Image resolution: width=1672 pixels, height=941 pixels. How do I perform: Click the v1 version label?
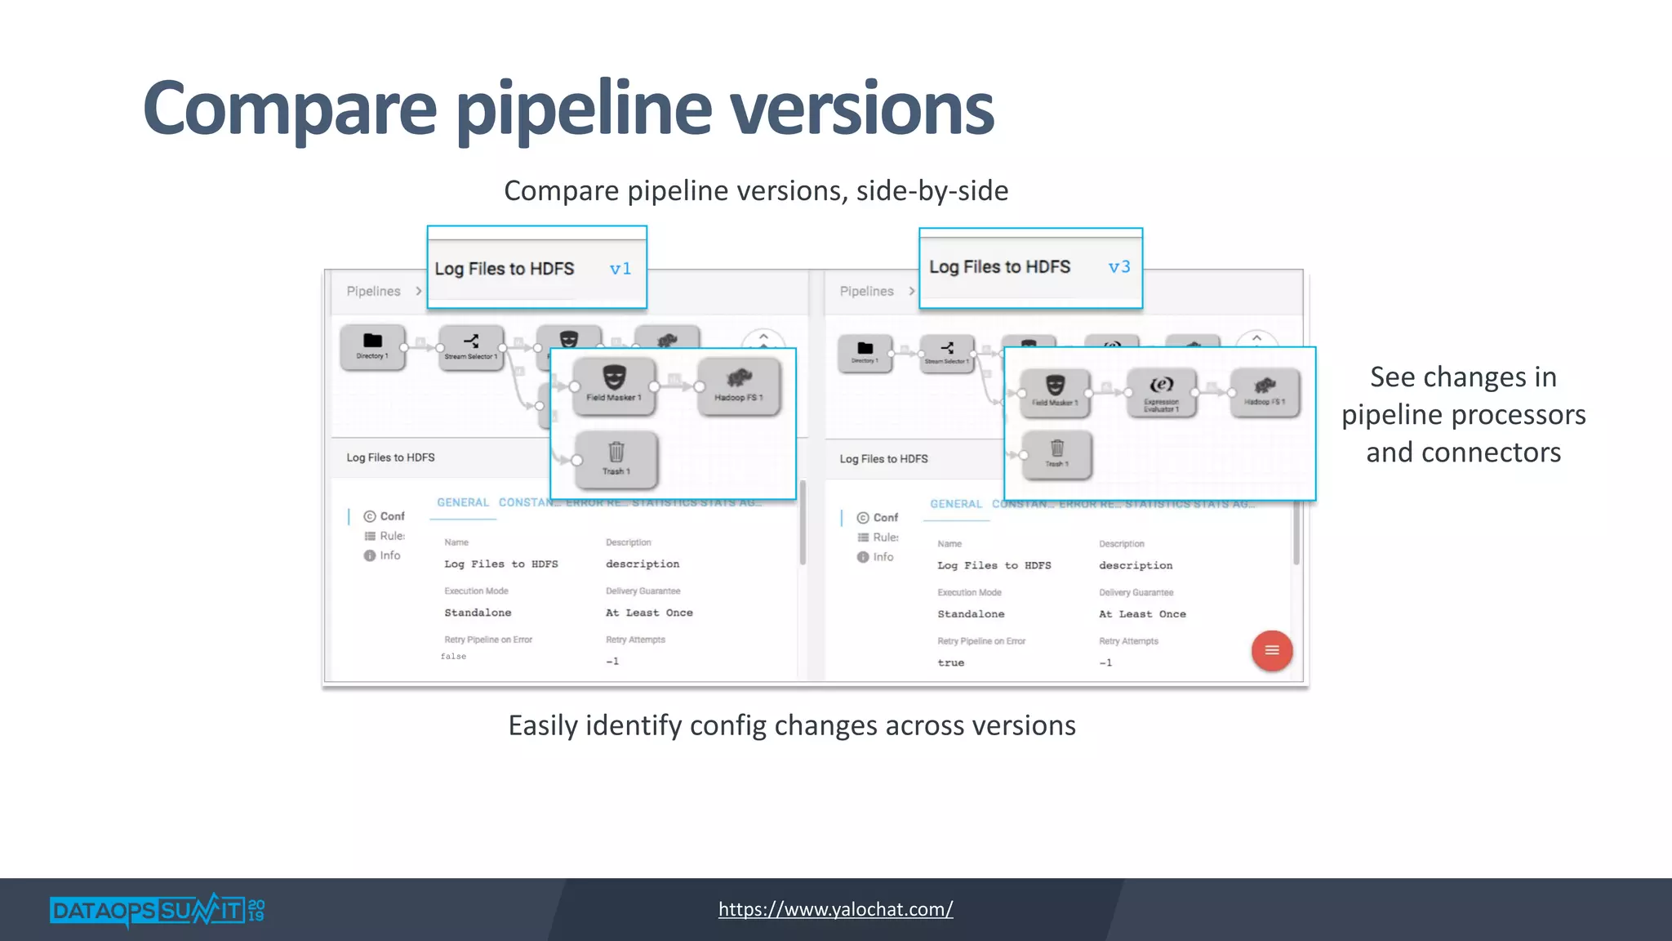[x=620, y=269]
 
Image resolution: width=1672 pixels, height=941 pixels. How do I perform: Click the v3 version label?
[x=1119, y=267]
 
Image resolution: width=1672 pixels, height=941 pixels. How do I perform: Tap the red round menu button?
[x=1271, y=651]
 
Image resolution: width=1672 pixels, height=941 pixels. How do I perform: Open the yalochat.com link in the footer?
[x=835, y=909]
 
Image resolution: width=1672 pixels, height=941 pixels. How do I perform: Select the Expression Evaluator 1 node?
[x=1161, y=392]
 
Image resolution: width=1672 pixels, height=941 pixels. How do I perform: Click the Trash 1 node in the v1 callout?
[x=616, y=458]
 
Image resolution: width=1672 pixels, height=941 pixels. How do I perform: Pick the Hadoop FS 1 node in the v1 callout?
[x=739, y=385]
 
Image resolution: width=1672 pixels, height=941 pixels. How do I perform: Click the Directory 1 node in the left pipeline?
[x=372, y=346]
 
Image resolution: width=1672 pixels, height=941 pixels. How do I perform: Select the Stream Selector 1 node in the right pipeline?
[x=947, y=353]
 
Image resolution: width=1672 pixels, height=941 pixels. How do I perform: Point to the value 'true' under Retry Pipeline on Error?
[x=950, y=663]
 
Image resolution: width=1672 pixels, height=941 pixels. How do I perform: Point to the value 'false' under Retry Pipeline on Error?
[x=454, y=657]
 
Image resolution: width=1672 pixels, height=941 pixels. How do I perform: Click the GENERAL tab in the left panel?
[x=463, y=502]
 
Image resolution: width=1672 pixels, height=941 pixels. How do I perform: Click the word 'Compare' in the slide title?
[x=290, y=109]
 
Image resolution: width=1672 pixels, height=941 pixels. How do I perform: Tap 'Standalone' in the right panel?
[x=971, y=614]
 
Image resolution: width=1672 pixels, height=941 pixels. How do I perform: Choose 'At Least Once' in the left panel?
[x=649, y=613]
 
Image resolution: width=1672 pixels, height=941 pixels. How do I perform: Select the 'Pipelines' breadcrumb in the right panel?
[x=866, y=292]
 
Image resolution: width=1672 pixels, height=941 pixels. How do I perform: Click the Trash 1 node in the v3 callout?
[x=1056, y=453]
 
